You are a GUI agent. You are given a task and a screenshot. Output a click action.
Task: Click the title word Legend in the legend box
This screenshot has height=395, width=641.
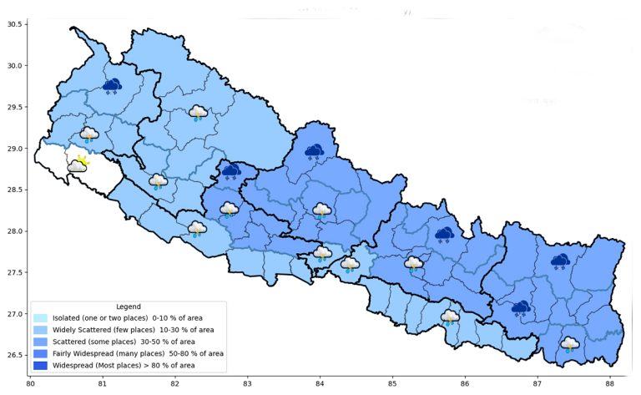coord(129,306)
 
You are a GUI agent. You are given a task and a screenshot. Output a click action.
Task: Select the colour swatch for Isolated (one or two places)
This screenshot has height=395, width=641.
coord(40,318)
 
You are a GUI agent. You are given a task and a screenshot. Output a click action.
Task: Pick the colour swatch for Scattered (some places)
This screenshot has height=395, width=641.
coord(40,342)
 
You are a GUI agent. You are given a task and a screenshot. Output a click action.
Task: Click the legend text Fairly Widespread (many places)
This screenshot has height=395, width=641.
coord(104,353)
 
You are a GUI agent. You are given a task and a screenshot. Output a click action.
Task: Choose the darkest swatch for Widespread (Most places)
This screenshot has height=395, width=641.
coord(40,365)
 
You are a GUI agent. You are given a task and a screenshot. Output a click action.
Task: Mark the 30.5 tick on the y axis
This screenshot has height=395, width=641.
coord(14,24)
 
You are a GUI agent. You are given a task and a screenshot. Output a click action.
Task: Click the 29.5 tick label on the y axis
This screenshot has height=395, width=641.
coord(14,107)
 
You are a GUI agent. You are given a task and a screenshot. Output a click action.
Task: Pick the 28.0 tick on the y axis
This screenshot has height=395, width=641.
coord(14,231)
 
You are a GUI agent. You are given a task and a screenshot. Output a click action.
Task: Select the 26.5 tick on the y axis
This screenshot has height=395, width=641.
coord(14,356)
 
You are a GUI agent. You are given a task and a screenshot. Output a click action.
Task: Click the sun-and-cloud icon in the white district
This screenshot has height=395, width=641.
coord(78,164)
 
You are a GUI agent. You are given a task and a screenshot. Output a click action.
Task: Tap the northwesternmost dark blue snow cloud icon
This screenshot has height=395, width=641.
coord(111,85)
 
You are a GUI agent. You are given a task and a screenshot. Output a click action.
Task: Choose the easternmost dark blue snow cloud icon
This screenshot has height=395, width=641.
coord(560,261)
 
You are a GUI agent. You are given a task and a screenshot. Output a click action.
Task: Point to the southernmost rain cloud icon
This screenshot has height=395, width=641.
coord(570,344)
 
